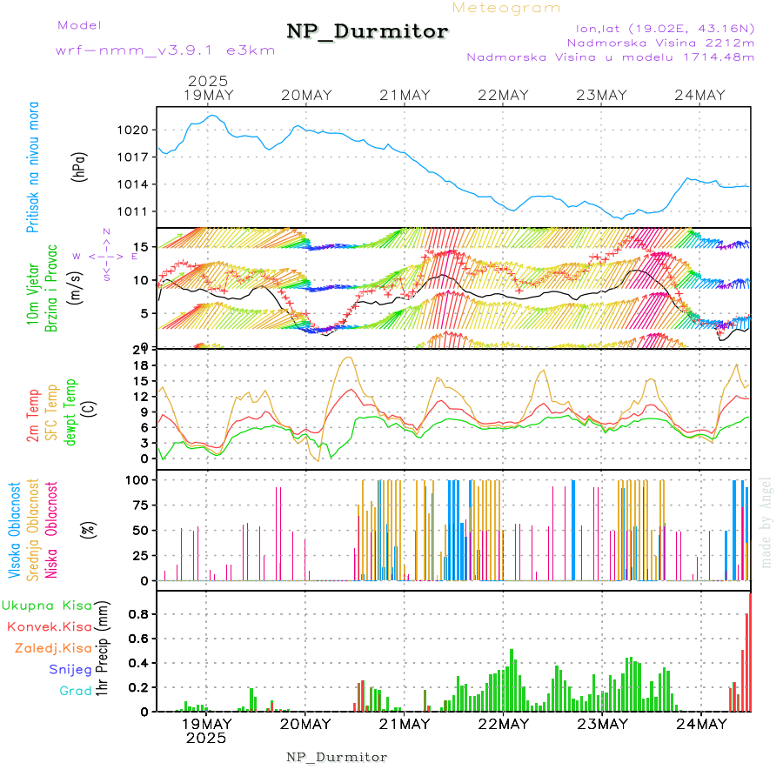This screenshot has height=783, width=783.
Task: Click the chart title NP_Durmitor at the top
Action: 367,32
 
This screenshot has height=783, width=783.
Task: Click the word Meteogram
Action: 506,8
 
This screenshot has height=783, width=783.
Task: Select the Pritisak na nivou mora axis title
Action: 33,166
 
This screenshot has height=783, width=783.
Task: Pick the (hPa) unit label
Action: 79,166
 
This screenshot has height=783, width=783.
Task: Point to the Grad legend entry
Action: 75,692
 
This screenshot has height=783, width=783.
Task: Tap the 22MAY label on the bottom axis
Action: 504,724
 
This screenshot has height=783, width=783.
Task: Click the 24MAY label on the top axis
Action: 701,95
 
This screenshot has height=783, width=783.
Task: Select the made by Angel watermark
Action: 766,522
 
